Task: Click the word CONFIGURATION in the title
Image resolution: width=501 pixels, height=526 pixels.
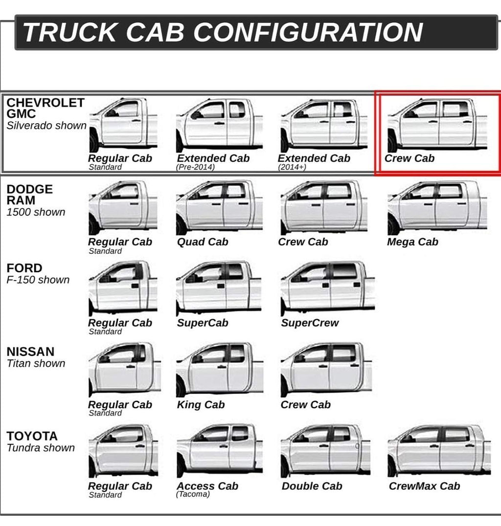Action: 308,32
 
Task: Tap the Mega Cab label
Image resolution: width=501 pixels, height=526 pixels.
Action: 412,242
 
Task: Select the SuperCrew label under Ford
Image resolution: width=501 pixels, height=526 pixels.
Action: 310,323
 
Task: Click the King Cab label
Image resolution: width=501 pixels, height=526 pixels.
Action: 201,405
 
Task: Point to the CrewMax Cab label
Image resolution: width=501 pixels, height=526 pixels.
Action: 425,486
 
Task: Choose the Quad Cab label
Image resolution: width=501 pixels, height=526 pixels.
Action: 203,242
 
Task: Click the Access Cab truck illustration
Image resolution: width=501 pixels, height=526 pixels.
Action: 220,451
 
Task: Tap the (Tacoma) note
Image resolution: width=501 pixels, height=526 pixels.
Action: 193,494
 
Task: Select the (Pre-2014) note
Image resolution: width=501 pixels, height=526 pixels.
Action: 195,167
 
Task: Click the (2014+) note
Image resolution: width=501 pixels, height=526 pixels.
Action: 292,167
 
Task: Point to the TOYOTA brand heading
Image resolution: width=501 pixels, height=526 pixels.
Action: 32,436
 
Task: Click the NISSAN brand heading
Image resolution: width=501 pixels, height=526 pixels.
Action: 30,351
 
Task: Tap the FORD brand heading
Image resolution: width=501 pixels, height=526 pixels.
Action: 24,268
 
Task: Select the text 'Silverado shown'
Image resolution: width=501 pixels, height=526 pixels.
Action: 46,126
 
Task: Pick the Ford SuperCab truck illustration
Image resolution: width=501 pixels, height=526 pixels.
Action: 219,288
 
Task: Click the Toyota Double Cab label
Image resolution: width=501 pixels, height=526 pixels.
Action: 312,486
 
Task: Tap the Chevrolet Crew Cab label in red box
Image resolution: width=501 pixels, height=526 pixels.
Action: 410,158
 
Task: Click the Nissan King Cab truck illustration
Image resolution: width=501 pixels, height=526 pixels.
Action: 220,370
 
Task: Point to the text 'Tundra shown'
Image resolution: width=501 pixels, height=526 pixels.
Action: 41,448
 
